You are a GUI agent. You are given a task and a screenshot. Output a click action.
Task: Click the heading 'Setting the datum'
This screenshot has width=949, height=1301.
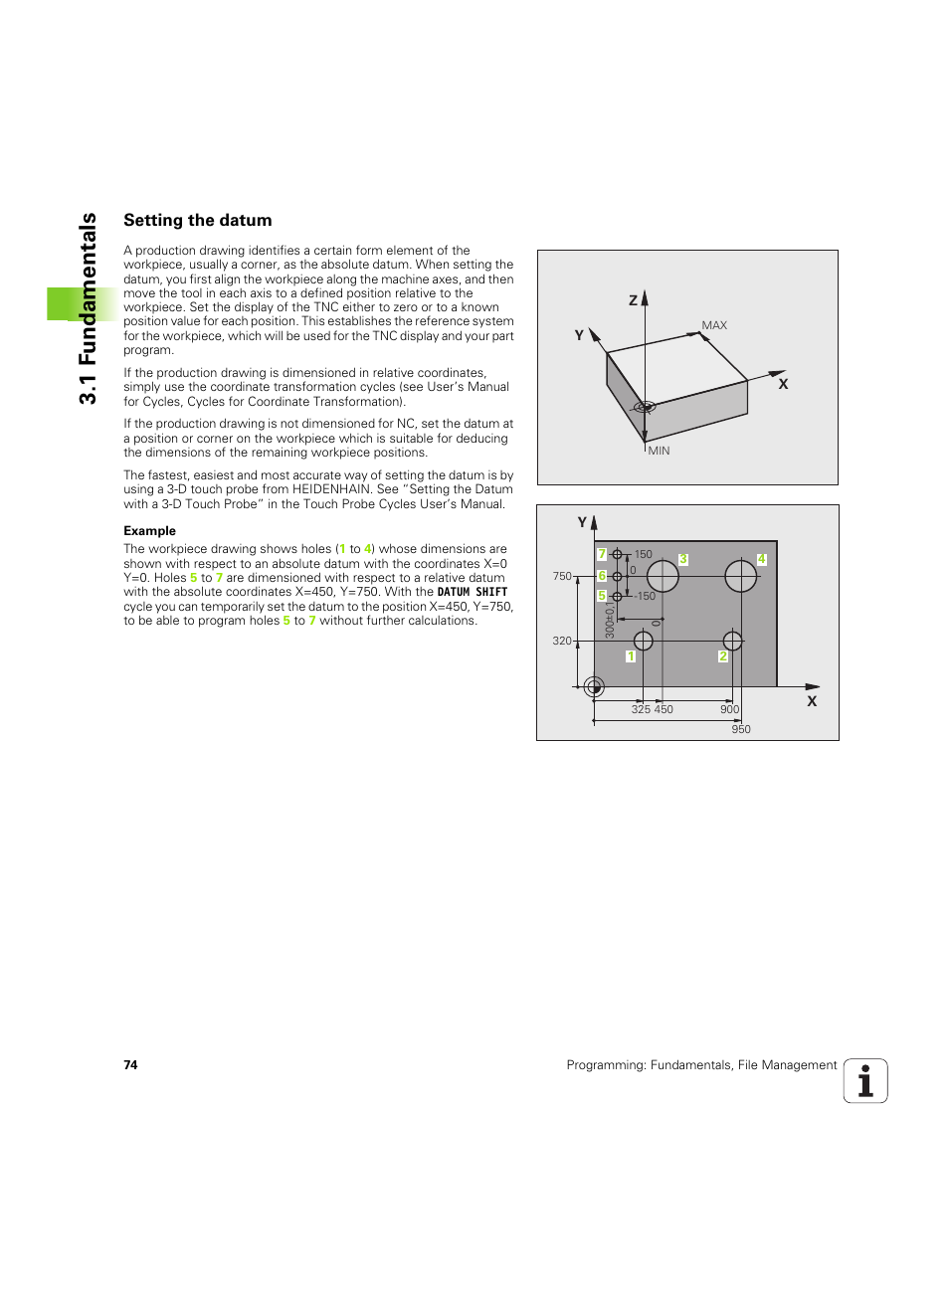[x=197, y=221]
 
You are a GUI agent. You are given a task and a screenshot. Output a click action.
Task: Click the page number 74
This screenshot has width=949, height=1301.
[x=130, y=1065]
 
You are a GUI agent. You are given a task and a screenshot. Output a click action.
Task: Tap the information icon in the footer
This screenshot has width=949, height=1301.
[x=865, y=1081]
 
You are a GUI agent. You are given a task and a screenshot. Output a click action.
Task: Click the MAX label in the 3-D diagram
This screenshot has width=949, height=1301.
[x=714, y=325]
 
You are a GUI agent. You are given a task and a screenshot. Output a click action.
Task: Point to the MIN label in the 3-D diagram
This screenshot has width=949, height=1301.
[x=659, y=452]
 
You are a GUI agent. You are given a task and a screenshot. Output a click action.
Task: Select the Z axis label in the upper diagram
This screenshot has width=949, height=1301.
[x=633, y=300]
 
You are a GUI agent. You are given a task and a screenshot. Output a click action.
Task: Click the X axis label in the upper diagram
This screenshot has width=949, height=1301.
[x=783, y=384]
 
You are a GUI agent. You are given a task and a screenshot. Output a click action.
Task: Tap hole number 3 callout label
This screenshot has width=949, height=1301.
[x=683, y=560]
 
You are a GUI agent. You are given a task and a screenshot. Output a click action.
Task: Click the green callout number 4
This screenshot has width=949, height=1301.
[x=761, y=560]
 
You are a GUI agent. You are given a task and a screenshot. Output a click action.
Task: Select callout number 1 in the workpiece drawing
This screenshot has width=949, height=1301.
[x=631, y=656]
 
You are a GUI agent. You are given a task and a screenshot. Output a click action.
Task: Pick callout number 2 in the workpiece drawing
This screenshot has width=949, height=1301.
[x=723, y=656]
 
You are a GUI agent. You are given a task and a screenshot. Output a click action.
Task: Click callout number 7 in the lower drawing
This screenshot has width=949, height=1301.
[x=602, y=554]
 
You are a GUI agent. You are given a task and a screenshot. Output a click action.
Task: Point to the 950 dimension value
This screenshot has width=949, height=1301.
[x=741, y=730]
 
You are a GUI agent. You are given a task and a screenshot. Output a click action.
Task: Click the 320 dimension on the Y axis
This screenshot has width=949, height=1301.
[x=562, y=642]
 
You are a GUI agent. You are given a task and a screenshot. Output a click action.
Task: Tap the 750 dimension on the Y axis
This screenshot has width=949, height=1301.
[x=562, y=577]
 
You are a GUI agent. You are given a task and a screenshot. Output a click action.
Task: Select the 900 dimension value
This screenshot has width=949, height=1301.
[x=729, y=710]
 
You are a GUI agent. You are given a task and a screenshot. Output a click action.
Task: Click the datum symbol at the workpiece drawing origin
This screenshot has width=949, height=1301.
[x=594, y=686]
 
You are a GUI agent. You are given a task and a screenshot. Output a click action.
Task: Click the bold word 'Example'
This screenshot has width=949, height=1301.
[x=149, y=531]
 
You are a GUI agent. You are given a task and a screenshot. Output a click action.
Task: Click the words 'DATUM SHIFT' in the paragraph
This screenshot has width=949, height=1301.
[x=473, y=592]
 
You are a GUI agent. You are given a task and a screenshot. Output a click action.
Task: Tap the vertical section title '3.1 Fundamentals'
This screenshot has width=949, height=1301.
[x=89, y=308]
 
